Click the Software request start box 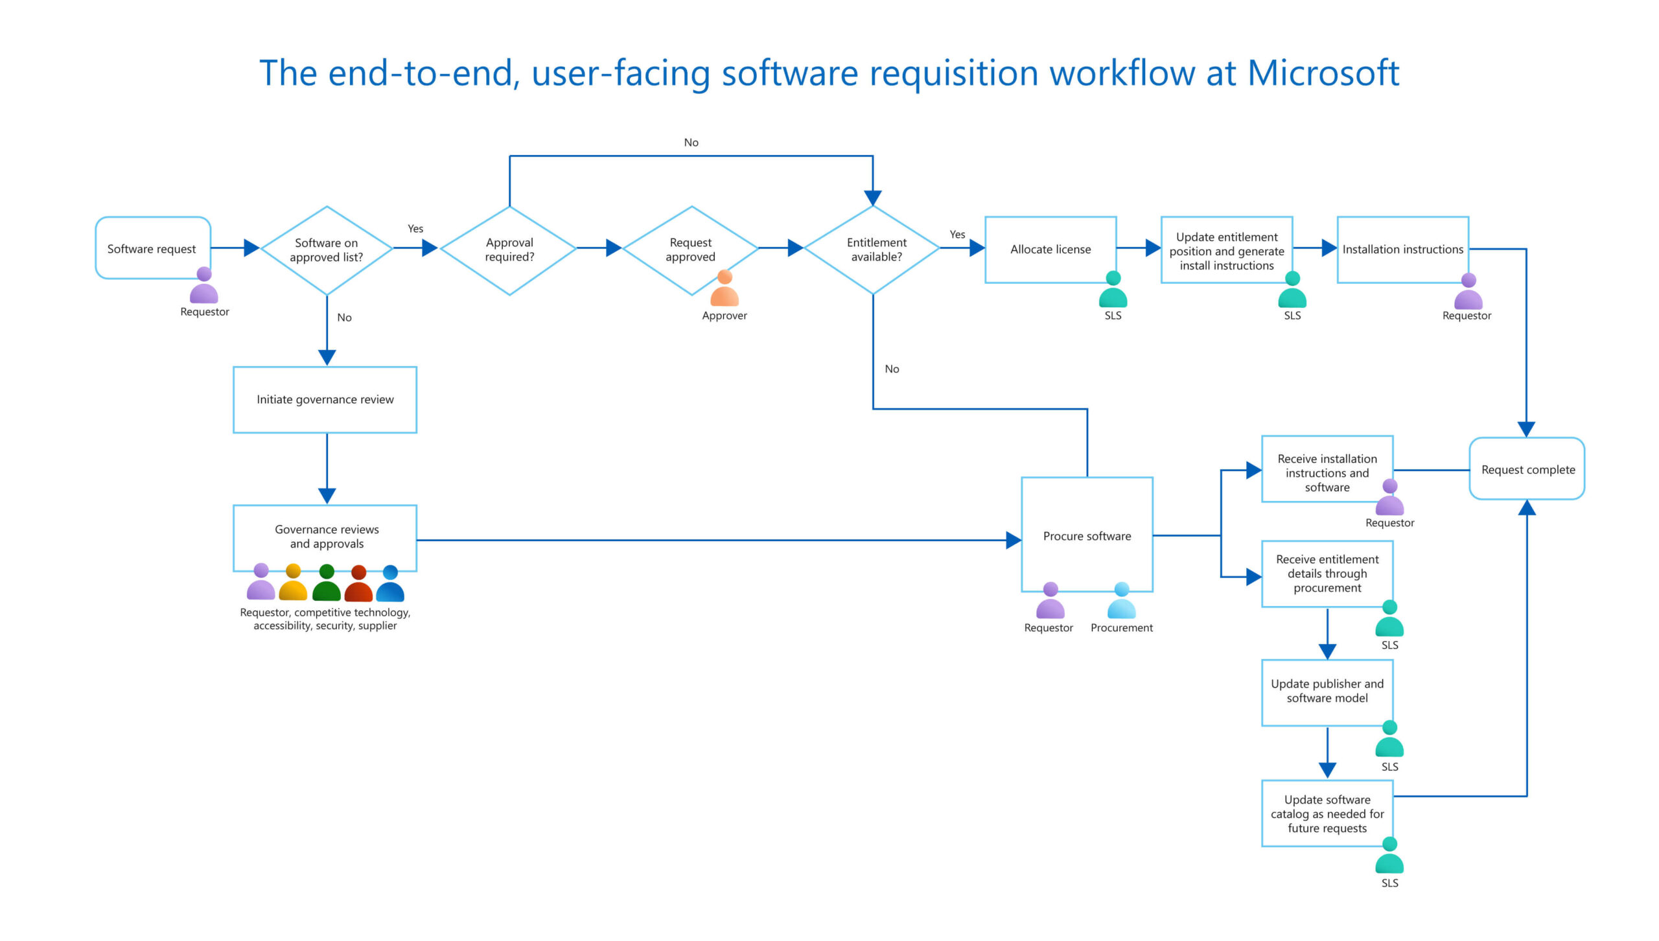point(152,248)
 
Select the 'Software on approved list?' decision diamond point(327,250)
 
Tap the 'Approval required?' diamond point(509,250)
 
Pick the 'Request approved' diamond point(691,250)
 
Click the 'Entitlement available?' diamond point(873,250)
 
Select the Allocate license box point(1050,250)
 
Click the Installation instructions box point(1402,250)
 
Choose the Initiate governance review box point(325,400)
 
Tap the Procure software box point(1087,535)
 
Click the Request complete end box point(1527,469)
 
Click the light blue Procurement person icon point(1122,601)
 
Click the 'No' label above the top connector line point(691,143)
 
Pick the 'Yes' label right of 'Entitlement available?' point(957,235)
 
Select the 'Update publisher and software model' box point(1327,691)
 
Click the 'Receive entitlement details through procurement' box point(1327,574)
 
